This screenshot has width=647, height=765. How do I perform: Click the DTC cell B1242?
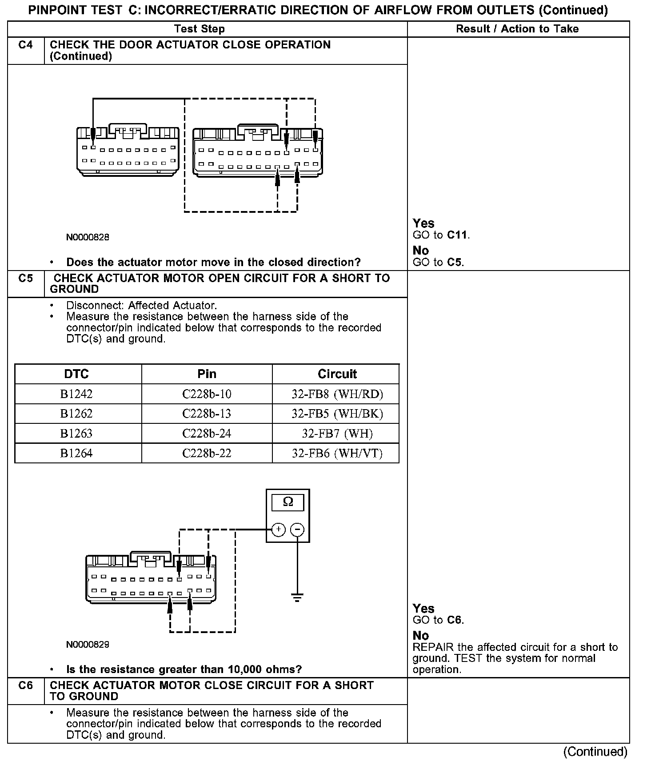[x=76, y=394]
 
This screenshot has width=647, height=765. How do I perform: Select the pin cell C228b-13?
[x=207, y=414]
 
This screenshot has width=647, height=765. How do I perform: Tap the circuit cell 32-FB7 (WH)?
[x=337, y=434]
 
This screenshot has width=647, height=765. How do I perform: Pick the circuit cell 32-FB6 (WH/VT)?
[x=337, y=453]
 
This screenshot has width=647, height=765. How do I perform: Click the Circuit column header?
[x=337, y=374]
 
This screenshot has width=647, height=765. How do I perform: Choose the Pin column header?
[x=207, y=374]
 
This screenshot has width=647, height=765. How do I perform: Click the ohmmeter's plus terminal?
[x=278, y=530]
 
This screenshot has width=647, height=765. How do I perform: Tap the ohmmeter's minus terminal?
[x=297, y=530]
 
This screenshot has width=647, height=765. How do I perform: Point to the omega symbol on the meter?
[x=288, y=502]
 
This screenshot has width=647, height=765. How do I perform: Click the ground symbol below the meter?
[x=297, y=597]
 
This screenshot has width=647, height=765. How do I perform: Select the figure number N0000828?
[x=88, y=237]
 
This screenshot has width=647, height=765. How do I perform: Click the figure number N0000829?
[x=88, y=645]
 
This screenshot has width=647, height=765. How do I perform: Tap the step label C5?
[x=26, y=279]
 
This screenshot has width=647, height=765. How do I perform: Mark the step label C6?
[x=26, y=685]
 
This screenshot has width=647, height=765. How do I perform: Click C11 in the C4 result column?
[x=457, y=235]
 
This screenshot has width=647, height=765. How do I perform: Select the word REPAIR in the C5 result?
[x=429, y=647]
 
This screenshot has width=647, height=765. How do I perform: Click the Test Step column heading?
[x=200, y=29]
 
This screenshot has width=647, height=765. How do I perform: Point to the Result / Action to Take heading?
[x=517, y=29]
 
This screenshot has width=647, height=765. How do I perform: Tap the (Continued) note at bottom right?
[x=595, y=752]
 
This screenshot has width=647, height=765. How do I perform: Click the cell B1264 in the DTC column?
[x=76, y=453]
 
